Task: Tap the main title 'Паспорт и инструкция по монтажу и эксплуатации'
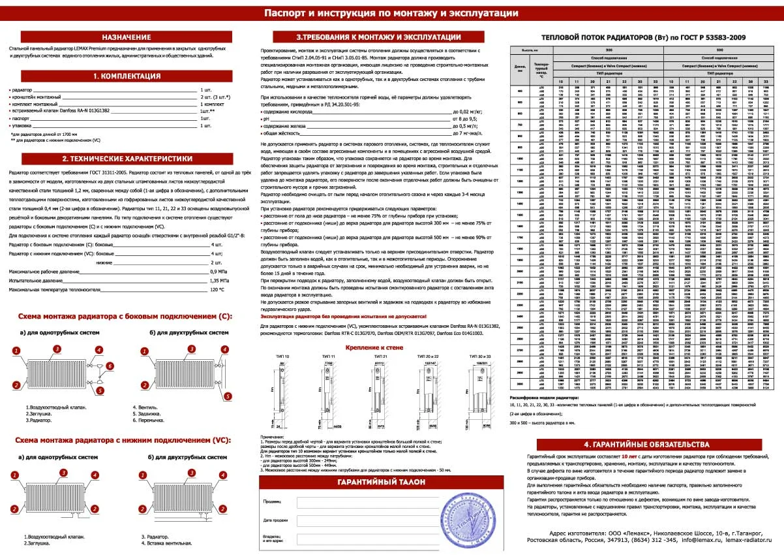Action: point(391,13)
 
